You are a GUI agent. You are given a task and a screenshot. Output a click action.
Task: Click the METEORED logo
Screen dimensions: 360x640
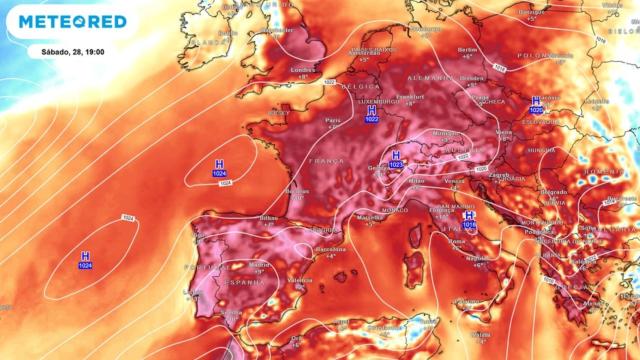71,21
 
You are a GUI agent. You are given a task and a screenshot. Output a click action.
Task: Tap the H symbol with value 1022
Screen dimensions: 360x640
372,111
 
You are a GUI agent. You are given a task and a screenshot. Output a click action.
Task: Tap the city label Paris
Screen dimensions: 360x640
333,120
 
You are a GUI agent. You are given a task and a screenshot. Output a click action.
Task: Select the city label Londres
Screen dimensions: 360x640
303,70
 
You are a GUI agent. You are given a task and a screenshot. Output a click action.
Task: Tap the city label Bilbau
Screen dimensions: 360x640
267,217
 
